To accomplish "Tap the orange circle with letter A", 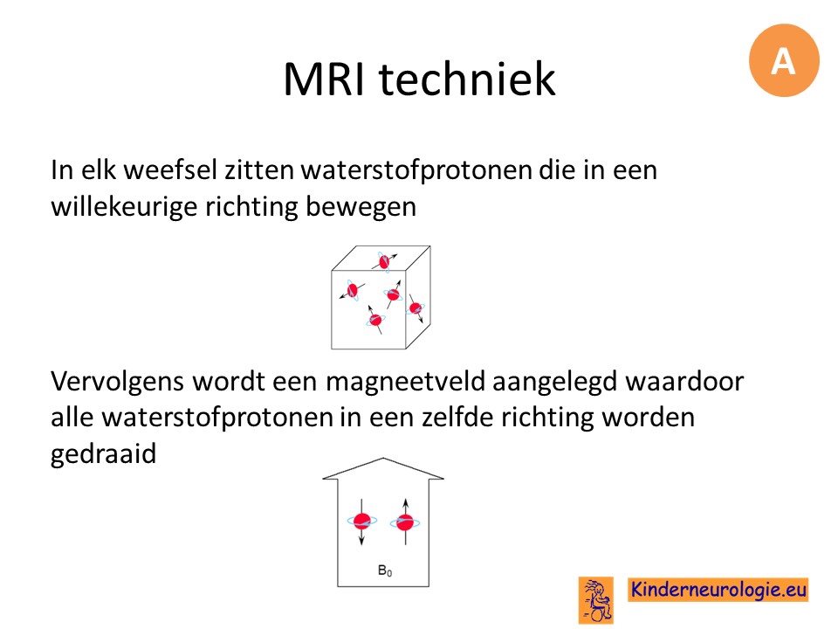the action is point(784,60).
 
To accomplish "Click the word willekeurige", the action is point(124,206).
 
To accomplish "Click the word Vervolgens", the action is point(118,382).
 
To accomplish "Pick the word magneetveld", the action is point(405,382).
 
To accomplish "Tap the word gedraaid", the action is point(103,454).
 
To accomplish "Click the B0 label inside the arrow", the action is point(385,570).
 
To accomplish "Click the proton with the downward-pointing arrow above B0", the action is point(361,521).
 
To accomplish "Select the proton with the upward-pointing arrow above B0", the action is point(405,522).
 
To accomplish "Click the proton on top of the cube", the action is point(384,261).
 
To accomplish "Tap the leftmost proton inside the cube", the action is point(352,290).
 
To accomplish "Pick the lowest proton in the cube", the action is point(375,320).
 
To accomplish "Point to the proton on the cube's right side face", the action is point(416,308).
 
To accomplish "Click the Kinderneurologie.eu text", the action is point(718,590).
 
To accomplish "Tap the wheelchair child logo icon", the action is point(596,599).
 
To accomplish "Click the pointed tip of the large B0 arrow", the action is point(383,459).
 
